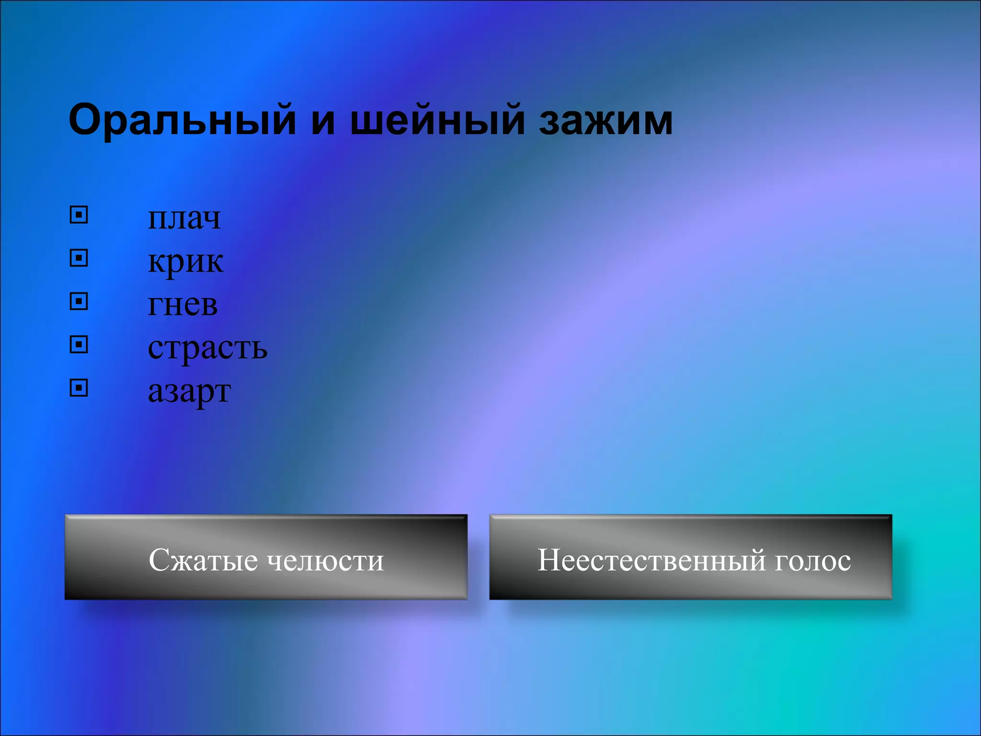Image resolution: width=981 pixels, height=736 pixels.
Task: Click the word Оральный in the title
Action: coord(183,120)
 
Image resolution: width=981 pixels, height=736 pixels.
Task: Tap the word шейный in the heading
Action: coord(435,120)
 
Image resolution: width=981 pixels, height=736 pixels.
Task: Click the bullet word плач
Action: coord(184,218)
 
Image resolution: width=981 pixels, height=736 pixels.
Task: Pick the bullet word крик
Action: coord(185,262)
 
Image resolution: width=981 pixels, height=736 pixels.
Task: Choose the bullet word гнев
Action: coord(183,305)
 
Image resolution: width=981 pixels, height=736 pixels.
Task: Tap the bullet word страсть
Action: coord(207,348)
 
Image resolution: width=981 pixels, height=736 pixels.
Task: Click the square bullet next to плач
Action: coord(79,215)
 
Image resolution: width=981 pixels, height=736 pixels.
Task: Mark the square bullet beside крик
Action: coord(79,258)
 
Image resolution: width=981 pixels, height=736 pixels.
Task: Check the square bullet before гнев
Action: coord(79,301)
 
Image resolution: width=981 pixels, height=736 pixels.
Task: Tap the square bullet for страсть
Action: coord(79,345)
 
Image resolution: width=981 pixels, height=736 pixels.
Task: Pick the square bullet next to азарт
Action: coord(79,388)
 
